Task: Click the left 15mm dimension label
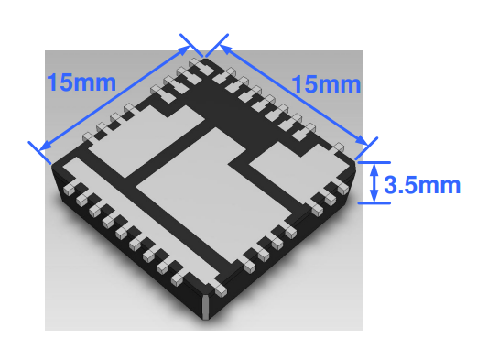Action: (x=81, y=81)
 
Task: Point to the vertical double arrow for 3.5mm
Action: (x=374, y=182)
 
